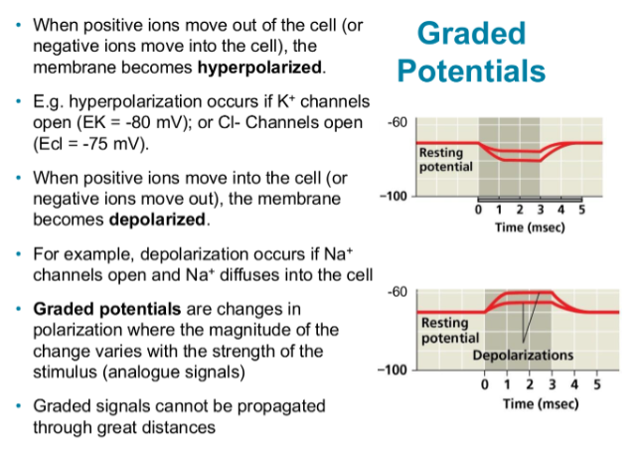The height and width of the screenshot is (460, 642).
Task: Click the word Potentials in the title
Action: tap(472, 72)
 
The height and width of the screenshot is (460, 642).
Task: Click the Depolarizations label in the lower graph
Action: tap(523, 355)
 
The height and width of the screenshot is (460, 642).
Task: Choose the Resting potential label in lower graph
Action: tap(449, 331)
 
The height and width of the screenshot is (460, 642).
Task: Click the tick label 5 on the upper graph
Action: tap(581, 211)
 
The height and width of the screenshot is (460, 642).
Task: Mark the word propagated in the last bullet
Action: tap(271, 407)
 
